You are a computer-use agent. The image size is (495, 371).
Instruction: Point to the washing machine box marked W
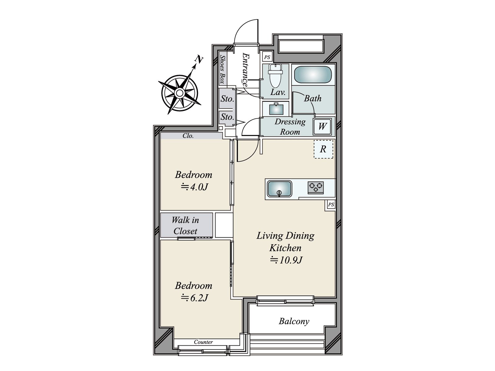click(322, 126)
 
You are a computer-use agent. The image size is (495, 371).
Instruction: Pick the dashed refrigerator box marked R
click(323, 149)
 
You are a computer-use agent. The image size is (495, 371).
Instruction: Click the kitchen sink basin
click(279, 189)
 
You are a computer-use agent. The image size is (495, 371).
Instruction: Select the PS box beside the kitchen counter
click(331, 205)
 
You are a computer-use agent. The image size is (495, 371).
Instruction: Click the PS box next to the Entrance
click(267, 58)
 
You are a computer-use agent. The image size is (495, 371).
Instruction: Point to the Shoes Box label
click(222, 69)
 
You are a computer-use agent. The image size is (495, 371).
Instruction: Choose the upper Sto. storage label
click(227, 99)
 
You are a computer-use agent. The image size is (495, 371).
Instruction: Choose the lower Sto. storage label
click(227, 117)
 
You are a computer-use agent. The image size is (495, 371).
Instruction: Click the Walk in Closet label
click(186, 226)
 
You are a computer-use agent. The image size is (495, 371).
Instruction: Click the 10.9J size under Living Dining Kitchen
click(286, 260)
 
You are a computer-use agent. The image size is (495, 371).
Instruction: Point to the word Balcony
click(294, 321)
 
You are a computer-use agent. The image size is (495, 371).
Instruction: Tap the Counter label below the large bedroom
click(203, 342)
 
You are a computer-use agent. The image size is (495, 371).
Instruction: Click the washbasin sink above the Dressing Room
click(276, 109)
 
